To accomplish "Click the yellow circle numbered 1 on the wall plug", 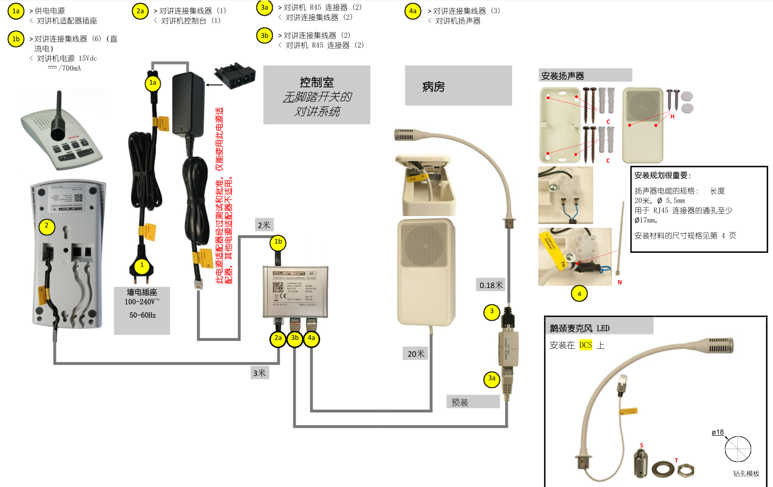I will coord(142,265).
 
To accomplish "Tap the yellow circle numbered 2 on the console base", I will coord(47,226).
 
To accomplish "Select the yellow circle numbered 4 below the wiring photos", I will coord(579,293).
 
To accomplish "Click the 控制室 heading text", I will coord(316,83).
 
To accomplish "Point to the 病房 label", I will coord(433,87).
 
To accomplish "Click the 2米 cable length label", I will coord(264,225).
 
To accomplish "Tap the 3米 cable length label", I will coord(260,373).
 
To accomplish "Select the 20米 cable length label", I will coord(416,354).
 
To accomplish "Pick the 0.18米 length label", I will coord(491,285).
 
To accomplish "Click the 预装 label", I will coord(460,402).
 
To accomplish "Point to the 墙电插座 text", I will coord(142,292).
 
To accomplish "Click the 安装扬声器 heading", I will coord(562,76).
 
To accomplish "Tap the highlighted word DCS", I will coord(586,345).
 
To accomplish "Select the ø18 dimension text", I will coord(718,432).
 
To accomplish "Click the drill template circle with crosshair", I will coord(738,449).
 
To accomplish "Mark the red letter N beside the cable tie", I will coord(619,282).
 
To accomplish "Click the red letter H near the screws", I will coord(672,117).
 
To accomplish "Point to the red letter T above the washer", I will coord(676,460).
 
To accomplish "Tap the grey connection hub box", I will coord(295,291).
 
